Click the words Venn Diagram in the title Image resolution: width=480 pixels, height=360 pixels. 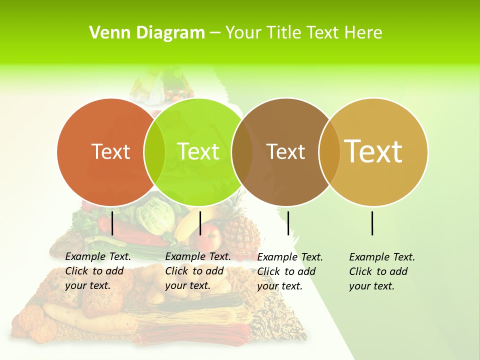point(147,33)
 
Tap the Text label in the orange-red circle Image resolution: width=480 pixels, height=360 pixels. point(110,151)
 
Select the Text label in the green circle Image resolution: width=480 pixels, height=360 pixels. point(198,151)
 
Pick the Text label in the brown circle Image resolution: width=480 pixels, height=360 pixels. point(285,151)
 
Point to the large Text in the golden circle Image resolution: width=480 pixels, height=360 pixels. point(373,151)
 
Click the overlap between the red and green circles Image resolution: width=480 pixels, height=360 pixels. point(154,151)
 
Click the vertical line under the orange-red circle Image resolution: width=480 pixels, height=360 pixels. point(112,223)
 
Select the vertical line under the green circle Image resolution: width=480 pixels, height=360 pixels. point(200,223)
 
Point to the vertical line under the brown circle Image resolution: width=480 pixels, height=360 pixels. point(288,223)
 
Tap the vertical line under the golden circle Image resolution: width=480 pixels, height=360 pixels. point(372,223)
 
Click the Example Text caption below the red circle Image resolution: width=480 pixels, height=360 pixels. point(98,271)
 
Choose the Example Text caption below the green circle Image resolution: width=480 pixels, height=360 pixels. point(198,271)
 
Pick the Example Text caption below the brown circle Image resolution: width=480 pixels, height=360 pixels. point(290,271)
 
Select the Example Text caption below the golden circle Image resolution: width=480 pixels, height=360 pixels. point(382,271)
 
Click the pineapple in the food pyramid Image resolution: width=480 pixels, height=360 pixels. point(240,230)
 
